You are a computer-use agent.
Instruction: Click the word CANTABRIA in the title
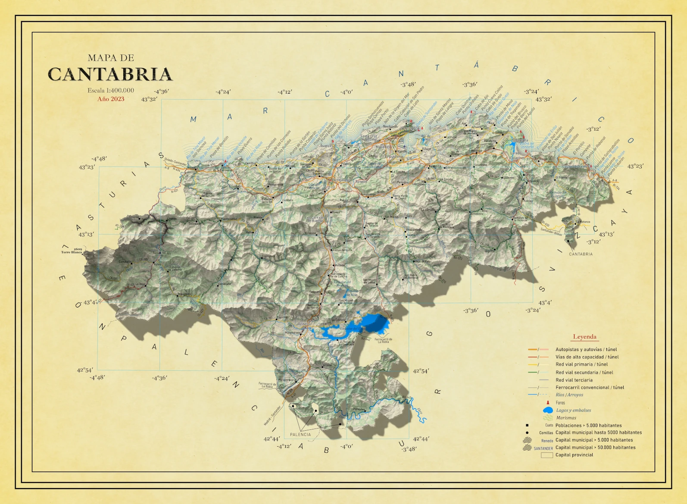pyautogui.click(x=110, y=74)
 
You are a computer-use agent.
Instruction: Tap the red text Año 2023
pyautogui.click(x=111, y=99)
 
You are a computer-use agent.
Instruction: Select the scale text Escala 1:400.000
pyautogui.click(x=111, y=91)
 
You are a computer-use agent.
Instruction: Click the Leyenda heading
pyautogui.click(x=584, y=337)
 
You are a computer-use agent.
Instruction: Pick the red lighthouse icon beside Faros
pyautogui.click(x=548, y=402)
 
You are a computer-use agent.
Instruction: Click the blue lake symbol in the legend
pyautogui.click(x=548, y=410)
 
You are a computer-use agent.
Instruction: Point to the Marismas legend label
pyautogui.click(x=566, y=418)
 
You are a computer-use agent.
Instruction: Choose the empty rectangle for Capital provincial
pyautogui.click(x=547, y=455)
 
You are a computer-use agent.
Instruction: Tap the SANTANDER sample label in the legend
pyautogui.click(x=543, y=448)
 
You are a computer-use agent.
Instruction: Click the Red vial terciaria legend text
pyautogui.click(x=574, y=380)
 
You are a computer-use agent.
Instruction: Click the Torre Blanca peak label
pyautogui.click(x=72, y=252)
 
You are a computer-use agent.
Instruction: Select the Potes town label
pyautogui.click(x=157, y=264)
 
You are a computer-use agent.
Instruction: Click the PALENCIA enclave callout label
pyautogui.click(x=300, y=434)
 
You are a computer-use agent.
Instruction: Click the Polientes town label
pyautogui.click(x=359, y=409)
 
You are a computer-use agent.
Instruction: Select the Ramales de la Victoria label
pyautogui.click(x=520, y=219)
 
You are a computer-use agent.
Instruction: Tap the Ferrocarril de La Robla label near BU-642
pyautogui.click(x=383, y=340)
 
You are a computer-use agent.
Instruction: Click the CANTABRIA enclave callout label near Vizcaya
pyautogui.click(x=581, y=254)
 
